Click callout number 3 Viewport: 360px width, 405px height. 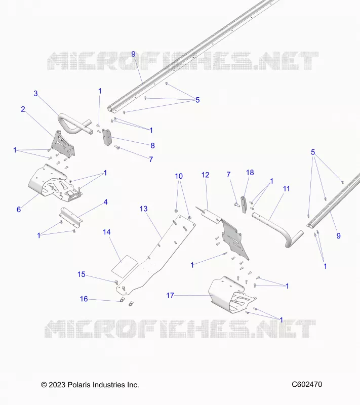[x=35, y=94]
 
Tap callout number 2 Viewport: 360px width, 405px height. [x=23, y=109]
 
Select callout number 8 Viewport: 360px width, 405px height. [x=152, y=146]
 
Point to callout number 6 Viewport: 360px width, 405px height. [x=19, y=210]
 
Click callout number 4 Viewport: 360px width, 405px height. [x=105, y=202]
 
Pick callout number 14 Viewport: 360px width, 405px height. [x=107, y=232]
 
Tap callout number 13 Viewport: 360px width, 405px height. [x=144, y=209]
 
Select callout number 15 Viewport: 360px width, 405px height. [x=82, y=274]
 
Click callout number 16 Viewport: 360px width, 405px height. [x=84, y=299]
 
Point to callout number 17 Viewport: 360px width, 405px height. [x=170, y=295]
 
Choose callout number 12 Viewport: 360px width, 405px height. [x=205, y=175]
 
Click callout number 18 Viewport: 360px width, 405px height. [x=250, y=173]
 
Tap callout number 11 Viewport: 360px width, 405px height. [x=286, y=189]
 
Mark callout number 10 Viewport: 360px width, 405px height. [x=179, y=176]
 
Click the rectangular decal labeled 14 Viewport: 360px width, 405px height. [x=125, y=267]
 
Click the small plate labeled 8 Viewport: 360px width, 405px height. [x=107, y=137]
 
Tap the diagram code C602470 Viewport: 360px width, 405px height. [x=307, y=384]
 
